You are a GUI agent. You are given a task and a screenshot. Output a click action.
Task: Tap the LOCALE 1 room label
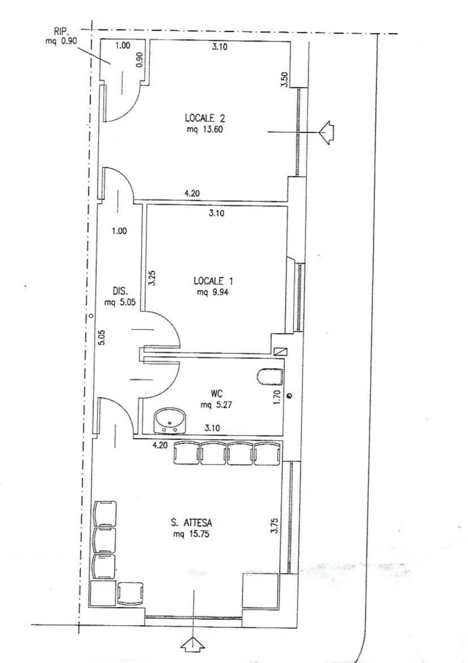213,281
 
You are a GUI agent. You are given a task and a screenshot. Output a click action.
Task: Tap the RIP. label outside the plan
61,31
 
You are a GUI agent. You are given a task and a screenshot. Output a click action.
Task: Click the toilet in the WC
269,377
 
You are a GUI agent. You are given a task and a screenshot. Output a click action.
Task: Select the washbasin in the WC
169,419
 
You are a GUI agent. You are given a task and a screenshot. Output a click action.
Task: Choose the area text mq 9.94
213,292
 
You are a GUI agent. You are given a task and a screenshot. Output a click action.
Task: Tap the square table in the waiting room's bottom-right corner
260,590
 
